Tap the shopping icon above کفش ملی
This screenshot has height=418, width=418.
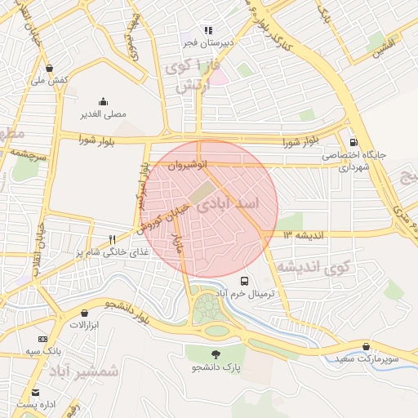(51, 69)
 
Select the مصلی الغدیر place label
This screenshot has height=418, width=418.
(103, 114)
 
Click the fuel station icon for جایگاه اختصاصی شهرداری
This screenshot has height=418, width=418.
(354, 140)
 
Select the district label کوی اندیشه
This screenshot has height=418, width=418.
(312, 266)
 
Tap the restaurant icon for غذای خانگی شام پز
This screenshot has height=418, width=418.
(113, 240)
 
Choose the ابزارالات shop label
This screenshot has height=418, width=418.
(83, 325)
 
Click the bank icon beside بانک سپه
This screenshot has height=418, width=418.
(42, 340)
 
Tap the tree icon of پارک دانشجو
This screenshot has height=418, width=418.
(216, 354)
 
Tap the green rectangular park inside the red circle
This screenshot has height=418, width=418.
(200, 193)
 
